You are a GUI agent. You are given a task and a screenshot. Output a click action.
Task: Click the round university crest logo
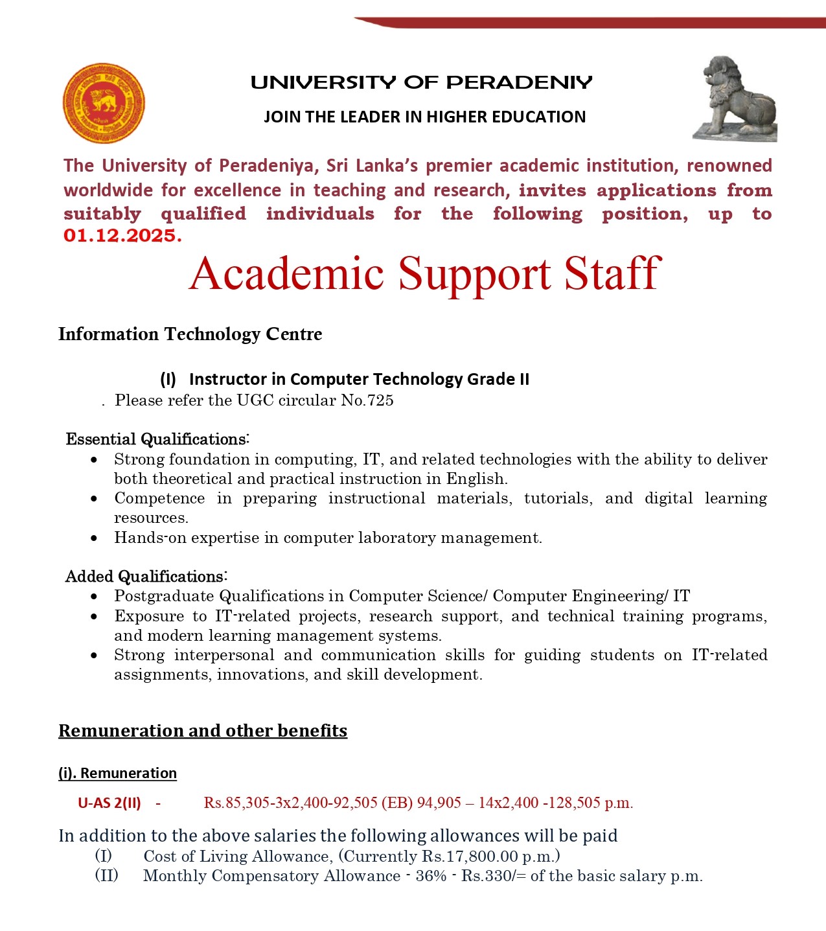click(104, 104)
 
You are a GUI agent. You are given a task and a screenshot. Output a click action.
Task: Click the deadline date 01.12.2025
click(122, 236)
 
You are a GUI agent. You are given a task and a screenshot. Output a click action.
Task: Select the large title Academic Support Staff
click(424, 273)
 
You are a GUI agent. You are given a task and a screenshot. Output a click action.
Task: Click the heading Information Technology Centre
click(190, 334)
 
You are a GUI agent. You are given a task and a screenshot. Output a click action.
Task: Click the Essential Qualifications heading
click(157, 439)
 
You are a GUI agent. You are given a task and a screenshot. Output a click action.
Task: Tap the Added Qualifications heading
click(146, 577)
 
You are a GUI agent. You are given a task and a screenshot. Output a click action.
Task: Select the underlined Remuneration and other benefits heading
click(203, 731)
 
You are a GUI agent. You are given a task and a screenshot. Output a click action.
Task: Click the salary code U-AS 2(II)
click(109, 803)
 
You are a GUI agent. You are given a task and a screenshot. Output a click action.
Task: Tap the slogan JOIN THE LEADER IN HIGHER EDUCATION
click(424, 117)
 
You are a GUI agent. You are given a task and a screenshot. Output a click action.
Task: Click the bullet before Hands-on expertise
click(95, 538)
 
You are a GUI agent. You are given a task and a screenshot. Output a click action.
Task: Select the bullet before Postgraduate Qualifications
click(95, 596)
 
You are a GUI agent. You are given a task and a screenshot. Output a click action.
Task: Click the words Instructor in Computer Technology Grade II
click(359, 380)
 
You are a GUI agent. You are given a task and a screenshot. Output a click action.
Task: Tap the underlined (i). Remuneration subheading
click(117, 774)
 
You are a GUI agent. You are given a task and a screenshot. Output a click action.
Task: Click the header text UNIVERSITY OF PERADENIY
click(421, 83)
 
